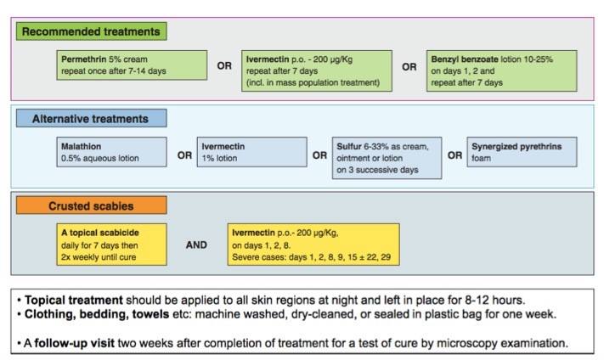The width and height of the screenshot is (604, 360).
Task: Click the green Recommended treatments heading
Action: tap(91, 31)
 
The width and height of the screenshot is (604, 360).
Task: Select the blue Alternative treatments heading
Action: tap(91, 118)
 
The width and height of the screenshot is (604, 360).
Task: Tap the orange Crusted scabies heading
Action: tap(91, 205)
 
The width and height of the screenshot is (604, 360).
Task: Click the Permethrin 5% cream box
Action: tap(132, 65)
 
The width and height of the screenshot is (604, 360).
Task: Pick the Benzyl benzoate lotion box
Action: tap(501, 70)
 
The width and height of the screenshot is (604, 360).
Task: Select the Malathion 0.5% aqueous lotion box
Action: tap(111, 152)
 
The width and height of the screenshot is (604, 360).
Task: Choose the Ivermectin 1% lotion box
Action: tap(252, 152)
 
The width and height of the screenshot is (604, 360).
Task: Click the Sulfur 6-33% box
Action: tap(387, 158)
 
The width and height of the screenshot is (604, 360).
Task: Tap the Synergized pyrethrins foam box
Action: tap(522, 152)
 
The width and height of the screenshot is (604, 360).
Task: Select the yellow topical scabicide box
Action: tap(111, 245)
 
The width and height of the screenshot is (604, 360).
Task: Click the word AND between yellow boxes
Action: tap(196, 245)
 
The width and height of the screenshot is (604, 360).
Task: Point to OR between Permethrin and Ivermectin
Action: tap(224, 66)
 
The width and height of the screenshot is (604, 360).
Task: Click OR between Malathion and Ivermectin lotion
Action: tap(184, 155)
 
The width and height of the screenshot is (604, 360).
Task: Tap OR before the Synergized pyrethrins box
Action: tap(454, 155)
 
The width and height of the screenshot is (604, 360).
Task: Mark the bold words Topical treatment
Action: tap(74, 300)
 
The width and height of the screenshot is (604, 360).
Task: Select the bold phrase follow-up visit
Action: tap(75, 343)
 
